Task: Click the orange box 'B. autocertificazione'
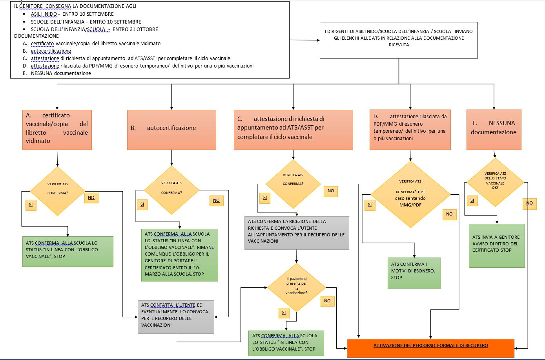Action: click(171, 130)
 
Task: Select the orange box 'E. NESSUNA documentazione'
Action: click(494, 130)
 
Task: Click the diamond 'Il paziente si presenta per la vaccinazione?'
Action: click(296, 287)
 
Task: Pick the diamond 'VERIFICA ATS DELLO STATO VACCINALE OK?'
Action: click(495, 182)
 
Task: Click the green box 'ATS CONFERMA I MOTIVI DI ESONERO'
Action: click(414, 273)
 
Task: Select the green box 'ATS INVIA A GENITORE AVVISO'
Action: click(497, 246)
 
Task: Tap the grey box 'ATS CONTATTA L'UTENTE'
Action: click(176, 317)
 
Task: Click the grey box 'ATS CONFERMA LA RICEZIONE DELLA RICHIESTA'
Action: click(297, 233)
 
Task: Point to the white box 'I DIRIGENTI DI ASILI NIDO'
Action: click(399, 40)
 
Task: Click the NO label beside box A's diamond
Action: click(91, 197)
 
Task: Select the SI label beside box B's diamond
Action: click(142, 205)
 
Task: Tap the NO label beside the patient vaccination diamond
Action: click(327, 301)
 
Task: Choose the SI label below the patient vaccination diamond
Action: click(284, 313)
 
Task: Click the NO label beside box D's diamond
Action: click(449, 214)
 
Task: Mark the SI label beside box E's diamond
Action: click(472, 201)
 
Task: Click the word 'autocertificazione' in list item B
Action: click(51, 51)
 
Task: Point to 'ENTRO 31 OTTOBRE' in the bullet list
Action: click(135, 29)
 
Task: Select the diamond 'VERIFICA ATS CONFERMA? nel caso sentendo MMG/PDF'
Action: click(410, 194)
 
